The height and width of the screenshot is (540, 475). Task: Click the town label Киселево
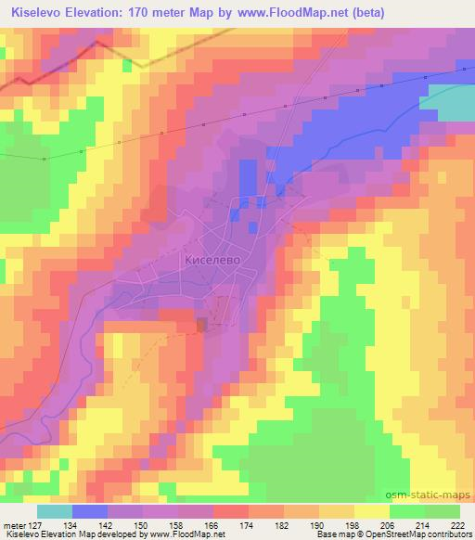212,261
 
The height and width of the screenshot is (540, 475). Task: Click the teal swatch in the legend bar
56,510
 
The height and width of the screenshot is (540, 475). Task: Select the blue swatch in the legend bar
89,510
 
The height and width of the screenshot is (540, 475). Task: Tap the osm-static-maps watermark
435,497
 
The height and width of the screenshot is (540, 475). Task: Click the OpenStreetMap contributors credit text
417,534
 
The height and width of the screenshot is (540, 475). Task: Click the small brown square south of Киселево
202,323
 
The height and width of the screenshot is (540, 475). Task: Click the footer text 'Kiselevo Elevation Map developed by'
58,534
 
